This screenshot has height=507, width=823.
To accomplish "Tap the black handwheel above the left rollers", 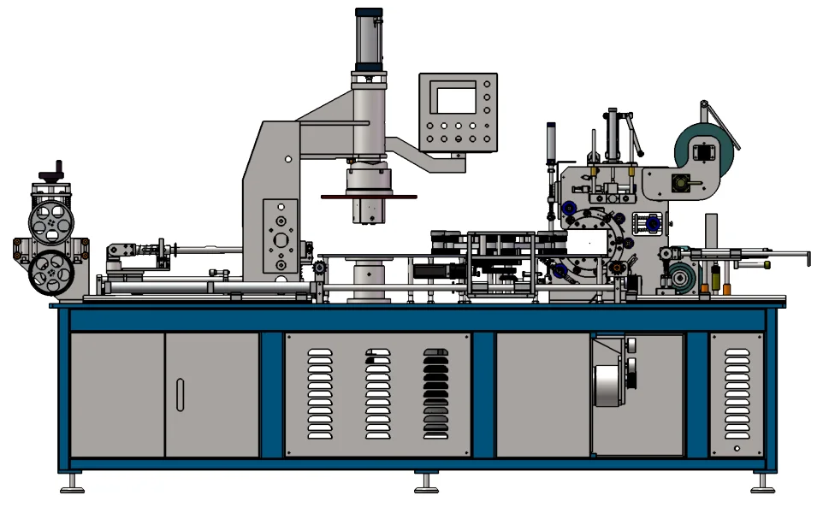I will click(x=57, y=166).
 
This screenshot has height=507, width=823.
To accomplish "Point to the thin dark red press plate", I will click(x=368, y=197).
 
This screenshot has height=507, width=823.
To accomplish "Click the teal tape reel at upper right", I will click(x=704, y=148).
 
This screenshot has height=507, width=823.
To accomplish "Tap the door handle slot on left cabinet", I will click(x=180, y=394).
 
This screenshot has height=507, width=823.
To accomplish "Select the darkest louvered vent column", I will click(x=435, y=393).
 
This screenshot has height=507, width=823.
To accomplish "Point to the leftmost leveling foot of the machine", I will click(x=72, y=485).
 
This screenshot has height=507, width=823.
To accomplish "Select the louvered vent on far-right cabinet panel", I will click(x=737, y=389).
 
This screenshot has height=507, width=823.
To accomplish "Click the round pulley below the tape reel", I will click(x=681, y=279).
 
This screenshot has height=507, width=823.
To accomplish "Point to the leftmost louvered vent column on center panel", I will click(x=318, y=393).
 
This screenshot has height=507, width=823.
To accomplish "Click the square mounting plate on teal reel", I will click(x=703, y=152).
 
